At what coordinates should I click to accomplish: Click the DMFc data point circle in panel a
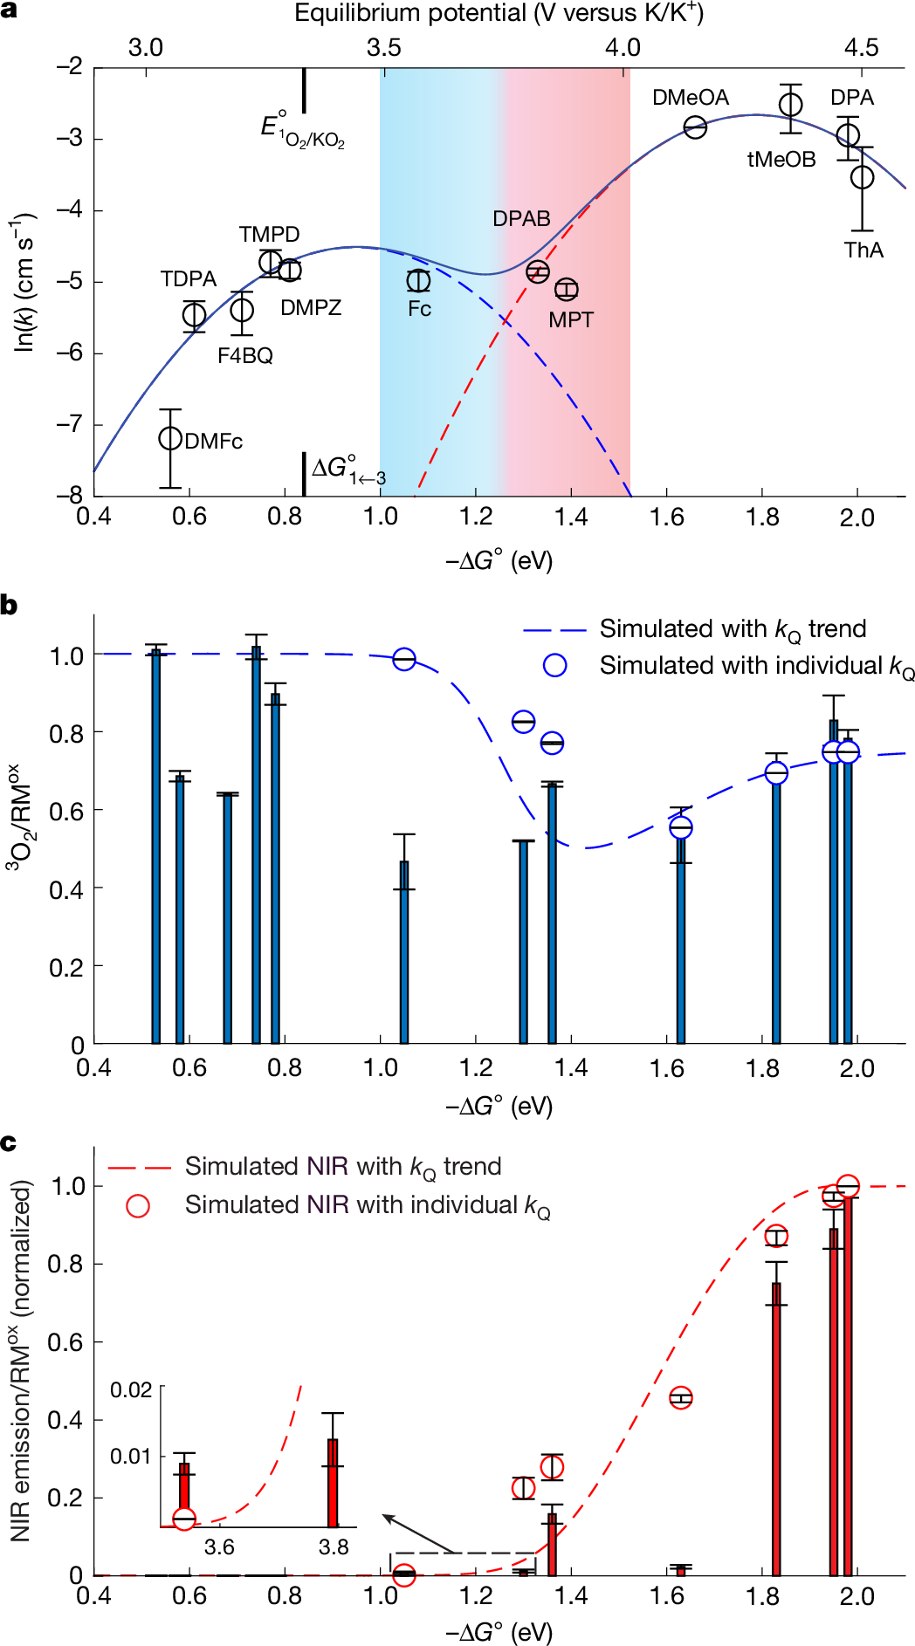tap(170, 438)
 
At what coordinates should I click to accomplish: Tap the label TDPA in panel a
tap(189, 279)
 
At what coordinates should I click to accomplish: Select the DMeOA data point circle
tap(695, 127)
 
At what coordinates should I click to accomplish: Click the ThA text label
tap(863, 250)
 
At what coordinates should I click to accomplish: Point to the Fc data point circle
tap(419, 281)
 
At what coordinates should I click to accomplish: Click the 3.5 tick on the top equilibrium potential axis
tap(384, 48)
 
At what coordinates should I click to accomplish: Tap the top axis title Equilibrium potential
tap(499, 14)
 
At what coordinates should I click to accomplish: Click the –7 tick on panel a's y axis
tap(69, 424)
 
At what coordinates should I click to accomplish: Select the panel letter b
tap(10, 605)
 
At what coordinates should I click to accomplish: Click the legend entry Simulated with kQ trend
tap(733, 629)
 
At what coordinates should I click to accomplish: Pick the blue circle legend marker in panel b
tap(554, 665)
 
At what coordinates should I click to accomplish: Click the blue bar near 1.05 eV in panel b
tap(404, 951)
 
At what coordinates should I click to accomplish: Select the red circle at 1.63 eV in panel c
tap(681, 1397)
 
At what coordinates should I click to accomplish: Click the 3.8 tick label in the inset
tap(334, 1547)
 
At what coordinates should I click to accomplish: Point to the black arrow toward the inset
tap(419, 1533)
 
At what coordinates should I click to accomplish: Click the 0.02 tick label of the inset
tap(131, 1390)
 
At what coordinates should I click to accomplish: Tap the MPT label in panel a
tap(571, 320)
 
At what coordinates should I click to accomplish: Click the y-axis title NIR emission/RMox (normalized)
tap(21, 1361)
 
